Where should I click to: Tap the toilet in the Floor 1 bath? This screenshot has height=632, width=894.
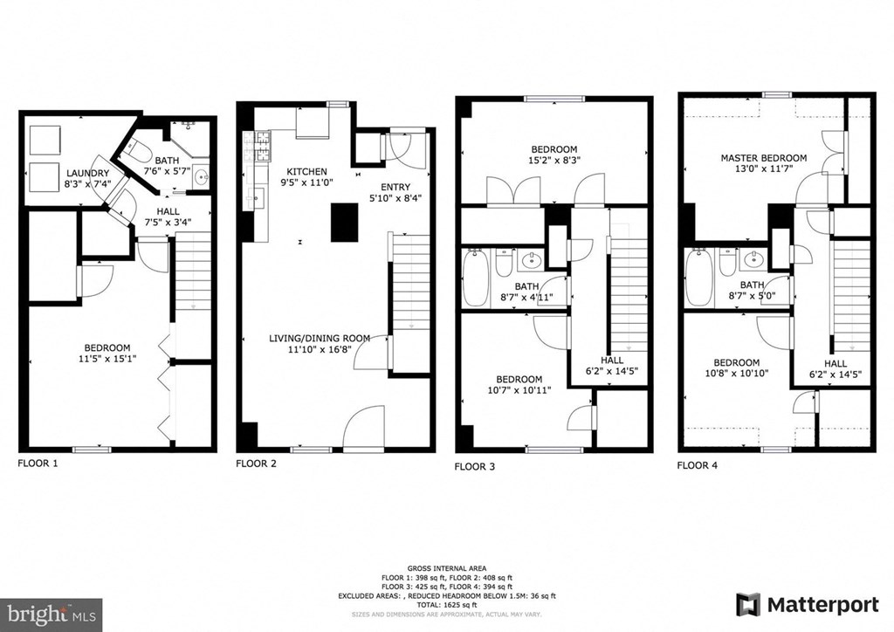point(139,148)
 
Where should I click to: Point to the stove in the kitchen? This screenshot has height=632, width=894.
point(261,148)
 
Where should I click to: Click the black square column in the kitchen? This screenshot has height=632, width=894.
point(346,222)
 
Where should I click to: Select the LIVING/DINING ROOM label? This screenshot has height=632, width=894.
point(320,339)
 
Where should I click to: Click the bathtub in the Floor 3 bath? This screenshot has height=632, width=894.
point(475,278)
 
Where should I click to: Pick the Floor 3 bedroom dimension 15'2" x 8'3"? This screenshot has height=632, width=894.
point(554,161)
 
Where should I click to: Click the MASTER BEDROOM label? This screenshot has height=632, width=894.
point(763,158)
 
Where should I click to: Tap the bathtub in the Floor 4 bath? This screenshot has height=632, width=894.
point(699,278)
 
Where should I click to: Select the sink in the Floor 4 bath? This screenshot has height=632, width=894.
point(753,260)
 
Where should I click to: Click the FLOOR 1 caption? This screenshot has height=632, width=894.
point(38,464)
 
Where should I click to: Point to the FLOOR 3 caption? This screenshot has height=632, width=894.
point(475,467)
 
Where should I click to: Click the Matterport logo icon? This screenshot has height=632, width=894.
point(748,604)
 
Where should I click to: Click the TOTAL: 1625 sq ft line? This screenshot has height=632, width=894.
point(447,604)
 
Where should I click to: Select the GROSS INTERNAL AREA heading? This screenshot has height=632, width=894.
point(447,568)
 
